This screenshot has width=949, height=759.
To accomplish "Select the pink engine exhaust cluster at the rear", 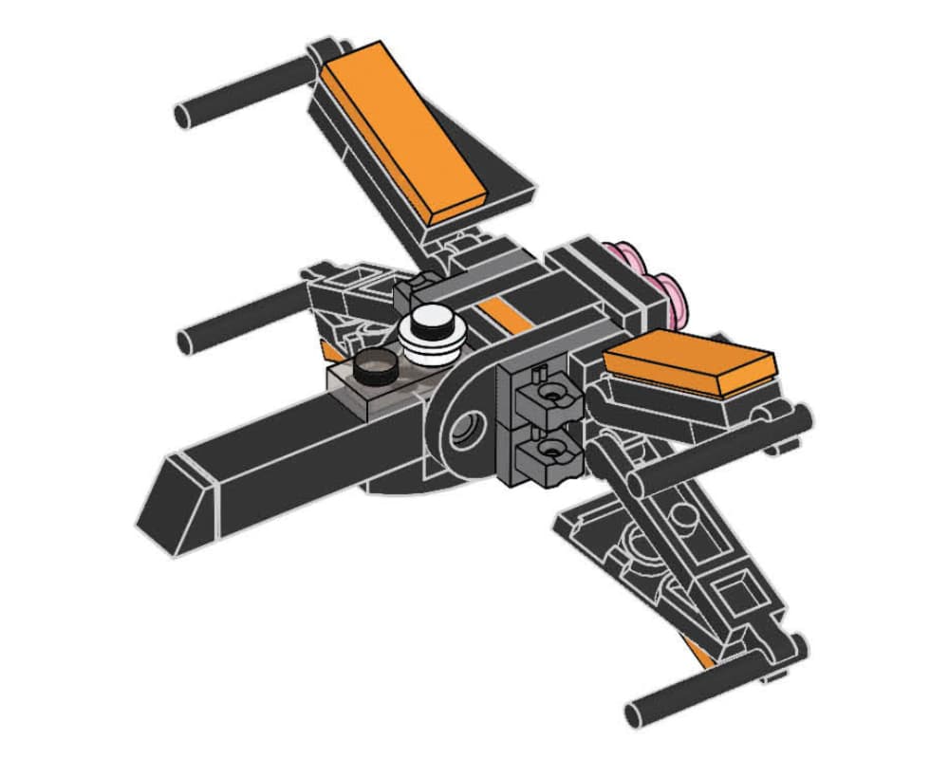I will tap(655, 280).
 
